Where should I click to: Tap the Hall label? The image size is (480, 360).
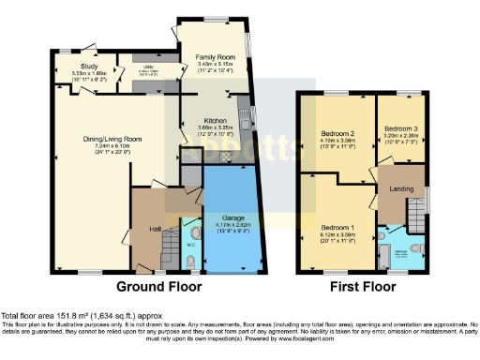click(154, 228)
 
